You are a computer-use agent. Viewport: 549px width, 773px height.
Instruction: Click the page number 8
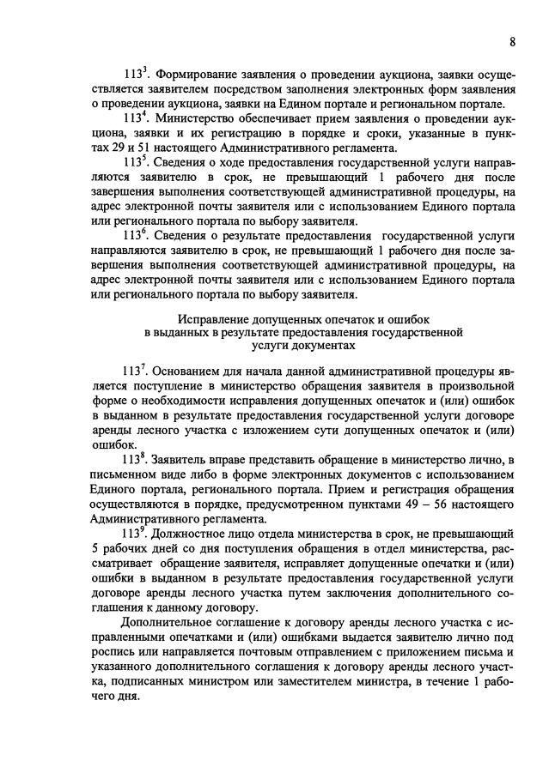pos(512,41)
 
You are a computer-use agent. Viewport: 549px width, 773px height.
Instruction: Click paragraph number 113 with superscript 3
pos(137,75)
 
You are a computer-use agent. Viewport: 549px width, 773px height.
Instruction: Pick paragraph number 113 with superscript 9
pos(137,534)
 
